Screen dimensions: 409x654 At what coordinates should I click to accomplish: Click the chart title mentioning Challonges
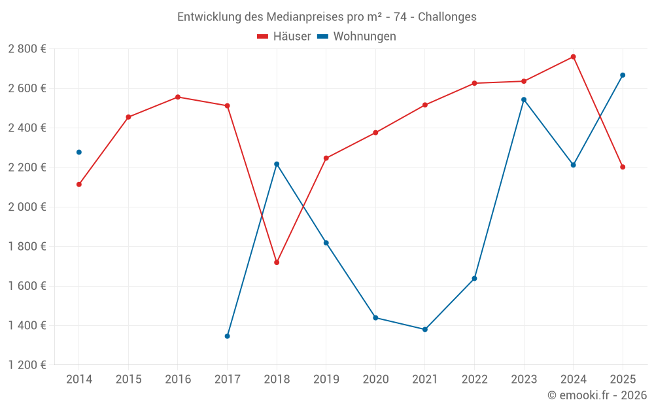(327, 16)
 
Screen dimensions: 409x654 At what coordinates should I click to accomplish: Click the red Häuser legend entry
(284, 37)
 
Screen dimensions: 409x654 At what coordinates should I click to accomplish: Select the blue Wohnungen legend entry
(357, 37)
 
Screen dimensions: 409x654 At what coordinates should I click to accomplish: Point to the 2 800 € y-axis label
(27, 49)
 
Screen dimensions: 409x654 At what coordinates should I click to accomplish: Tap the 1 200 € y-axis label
(27, 365)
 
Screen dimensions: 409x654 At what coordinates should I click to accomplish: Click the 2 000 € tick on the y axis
(27, 207)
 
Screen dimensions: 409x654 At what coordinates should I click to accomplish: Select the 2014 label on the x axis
(79, 380)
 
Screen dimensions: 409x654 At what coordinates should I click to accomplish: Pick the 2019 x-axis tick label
(326, 380)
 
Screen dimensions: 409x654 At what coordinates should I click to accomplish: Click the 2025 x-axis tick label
(623, 380)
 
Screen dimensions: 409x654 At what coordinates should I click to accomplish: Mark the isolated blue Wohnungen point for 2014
(79, 152)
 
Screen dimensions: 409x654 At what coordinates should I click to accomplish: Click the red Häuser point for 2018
(277, 262)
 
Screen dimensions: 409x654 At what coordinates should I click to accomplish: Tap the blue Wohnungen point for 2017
(227, 336)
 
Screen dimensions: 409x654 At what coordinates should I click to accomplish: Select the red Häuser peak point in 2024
(574, 57)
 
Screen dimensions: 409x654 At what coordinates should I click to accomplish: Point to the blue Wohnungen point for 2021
(425, 329)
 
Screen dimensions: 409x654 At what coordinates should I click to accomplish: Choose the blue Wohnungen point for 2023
(524, 99)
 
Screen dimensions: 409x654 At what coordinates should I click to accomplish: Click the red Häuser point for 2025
(623, 167)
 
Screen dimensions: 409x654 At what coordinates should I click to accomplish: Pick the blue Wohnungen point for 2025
(623, 75)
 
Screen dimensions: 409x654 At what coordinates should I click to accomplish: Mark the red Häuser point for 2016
(178, 97)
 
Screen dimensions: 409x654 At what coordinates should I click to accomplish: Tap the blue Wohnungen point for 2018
(277, 164)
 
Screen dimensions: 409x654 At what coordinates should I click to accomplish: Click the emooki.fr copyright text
(596, 395)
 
